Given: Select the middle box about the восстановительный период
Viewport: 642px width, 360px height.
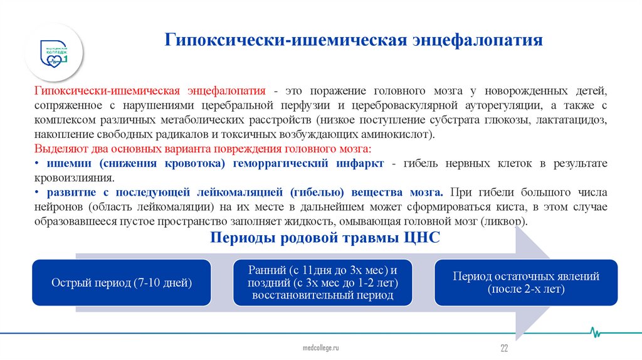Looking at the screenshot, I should pyautogui.click(x=323, y=282).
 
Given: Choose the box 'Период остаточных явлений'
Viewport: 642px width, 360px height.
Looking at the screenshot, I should pyautogui.click(x=526, y=282).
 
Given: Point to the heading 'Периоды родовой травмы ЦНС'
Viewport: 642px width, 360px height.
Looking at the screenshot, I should pyautogui.click(x=325, y=238).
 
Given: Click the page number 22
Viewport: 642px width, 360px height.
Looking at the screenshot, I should pyautogui.click(x=503, y=348).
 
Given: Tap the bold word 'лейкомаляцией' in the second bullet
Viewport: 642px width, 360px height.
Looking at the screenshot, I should pyautogui.click(x=245, y=192).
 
